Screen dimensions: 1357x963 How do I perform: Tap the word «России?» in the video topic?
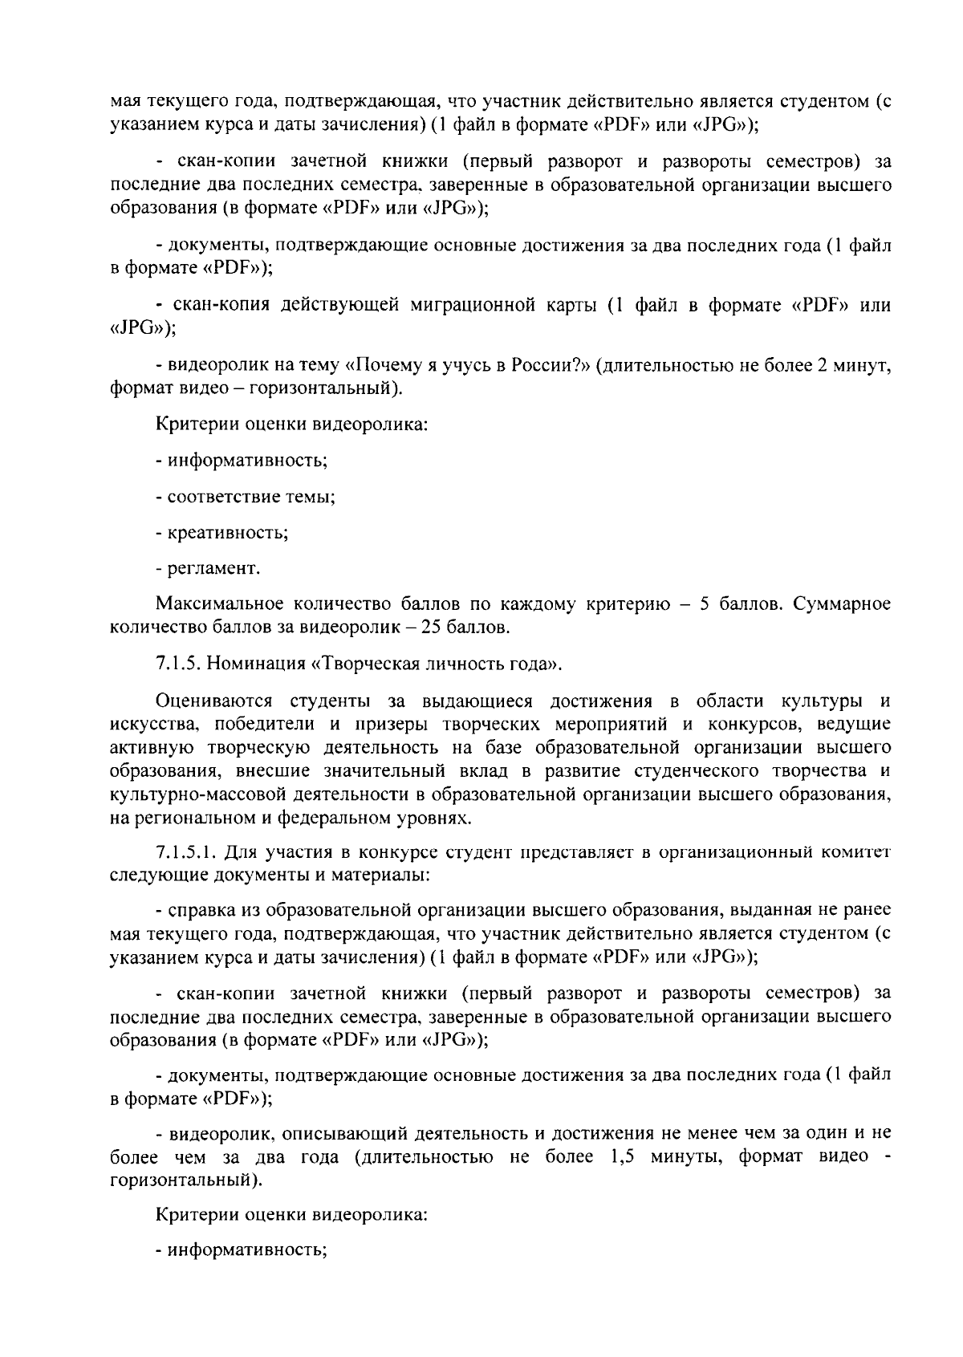[553, 366]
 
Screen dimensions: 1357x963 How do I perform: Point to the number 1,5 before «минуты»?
[618, 1157]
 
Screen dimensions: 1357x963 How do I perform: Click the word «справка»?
[198, 911]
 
